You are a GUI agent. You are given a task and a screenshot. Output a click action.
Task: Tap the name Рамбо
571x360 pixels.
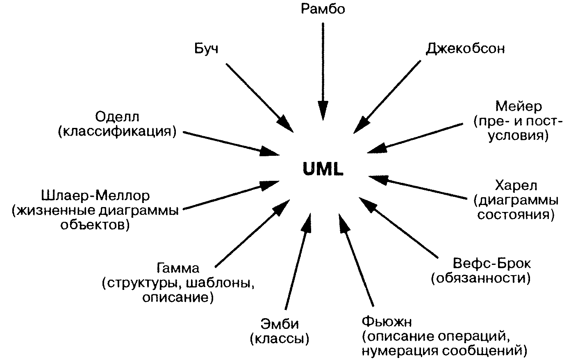pos(323,9)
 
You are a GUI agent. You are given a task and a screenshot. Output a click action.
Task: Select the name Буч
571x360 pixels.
pos(206,49)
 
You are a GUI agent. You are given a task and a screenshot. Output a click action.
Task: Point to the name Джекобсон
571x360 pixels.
pos(465,48)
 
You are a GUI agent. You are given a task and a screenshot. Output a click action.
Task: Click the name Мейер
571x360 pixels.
pos(519,107)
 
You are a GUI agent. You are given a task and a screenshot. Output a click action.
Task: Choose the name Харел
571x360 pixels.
pos(516,185)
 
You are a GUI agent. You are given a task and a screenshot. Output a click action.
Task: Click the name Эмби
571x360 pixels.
pos(280,324)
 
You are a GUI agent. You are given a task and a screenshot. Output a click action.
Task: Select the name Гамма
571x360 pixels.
pos(178,269)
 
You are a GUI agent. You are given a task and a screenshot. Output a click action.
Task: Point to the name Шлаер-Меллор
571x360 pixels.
pos(96,196)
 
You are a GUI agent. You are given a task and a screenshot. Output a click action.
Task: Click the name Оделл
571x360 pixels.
pos(117,117)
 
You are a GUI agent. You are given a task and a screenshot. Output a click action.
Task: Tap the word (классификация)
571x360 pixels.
pos(117,132)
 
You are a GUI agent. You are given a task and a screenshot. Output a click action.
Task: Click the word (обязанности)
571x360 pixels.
pos(481,278)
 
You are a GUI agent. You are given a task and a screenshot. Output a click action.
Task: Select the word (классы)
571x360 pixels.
pos(280,339)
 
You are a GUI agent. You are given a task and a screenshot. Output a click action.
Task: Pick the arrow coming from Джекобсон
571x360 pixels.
pos(387,97)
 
